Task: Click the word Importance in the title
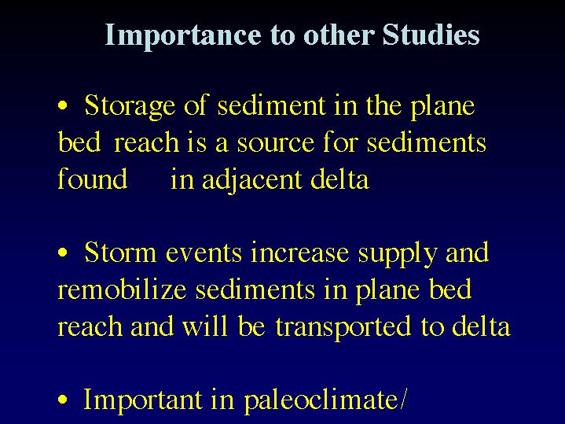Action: (183, 35)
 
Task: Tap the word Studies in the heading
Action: (431, 35)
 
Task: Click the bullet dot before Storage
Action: (63, 106)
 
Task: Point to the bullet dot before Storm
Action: (63, 253)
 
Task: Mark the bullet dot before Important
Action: (63, 400)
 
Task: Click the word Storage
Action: (130, 107)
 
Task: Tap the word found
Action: (93, 178)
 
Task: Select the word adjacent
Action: (252, 180)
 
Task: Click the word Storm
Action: (120, 253)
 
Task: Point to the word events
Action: (204, 253)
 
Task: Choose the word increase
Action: (300, 253)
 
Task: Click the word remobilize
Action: (122, 289)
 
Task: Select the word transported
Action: (343, 327)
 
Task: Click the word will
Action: (204, 326)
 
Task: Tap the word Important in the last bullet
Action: (142, 400)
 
